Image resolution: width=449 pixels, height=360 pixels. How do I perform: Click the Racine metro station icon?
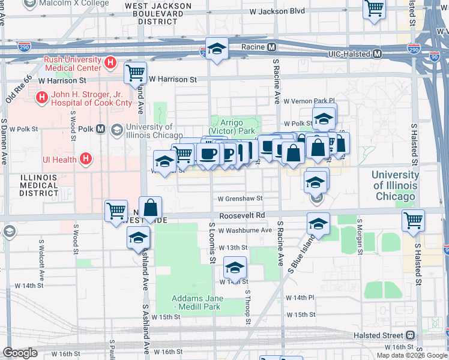coord(272,47)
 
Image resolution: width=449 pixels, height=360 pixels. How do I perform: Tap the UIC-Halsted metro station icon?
coord(378,54)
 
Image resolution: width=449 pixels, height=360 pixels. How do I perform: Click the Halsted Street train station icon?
coord(411,335)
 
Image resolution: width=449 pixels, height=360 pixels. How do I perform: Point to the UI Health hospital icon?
coord(86,159)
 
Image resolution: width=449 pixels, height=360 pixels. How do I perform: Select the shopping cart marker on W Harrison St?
coord(136,73)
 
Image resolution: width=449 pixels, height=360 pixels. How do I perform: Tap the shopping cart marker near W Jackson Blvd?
coord(375,9)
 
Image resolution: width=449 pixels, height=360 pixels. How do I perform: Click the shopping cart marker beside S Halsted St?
coord(413,220)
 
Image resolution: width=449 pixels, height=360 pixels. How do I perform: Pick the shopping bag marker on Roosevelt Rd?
coord(151,208)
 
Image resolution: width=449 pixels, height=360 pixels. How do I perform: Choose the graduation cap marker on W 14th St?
coord(235,266)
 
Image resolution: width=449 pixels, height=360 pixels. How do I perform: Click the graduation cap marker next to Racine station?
coord(217,47)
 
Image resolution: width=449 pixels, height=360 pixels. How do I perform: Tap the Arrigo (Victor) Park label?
coord(232,126)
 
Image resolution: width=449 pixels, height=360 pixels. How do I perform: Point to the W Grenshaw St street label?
coord(240,198)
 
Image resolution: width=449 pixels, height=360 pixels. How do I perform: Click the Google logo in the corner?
coord(20,353)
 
